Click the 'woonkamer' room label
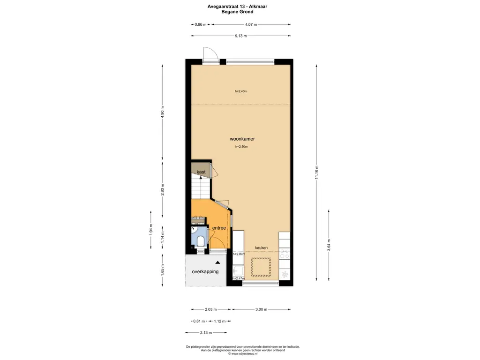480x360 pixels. pyautogui.click(x=242, y=139)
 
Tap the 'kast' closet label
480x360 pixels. pyautogui.click(x=201, y=172)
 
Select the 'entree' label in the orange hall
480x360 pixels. pyautogui.click(x=219, y=228)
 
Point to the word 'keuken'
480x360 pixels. pyautogui.click(x=262, y=247)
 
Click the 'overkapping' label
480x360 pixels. pyautogui.click(x=205, y=271)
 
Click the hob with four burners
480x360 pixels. pyautogui.click(x=285, y=254)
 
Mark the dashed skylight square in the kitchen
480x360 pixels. pyautogui.click(x=262, y=267)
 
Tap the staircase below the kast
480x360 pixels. pyautogui.click(x=200, y=189)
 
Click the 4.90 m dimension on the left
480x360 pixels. pyautogui.click(x=163, y=113)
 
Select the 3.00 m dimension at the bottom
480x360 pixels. pyautogui.click(x=261, y=309)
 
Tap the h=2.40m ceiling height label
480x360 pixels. pyautogui.click(x=241, y=91)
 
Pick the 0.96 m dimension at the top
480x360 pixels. pyautogui.click(x=201, y=24)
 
